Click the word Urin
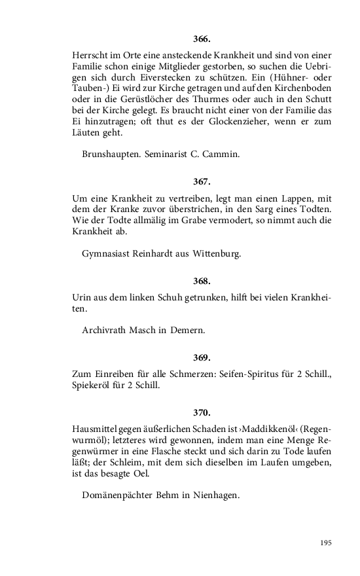[x=81, y=298]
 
